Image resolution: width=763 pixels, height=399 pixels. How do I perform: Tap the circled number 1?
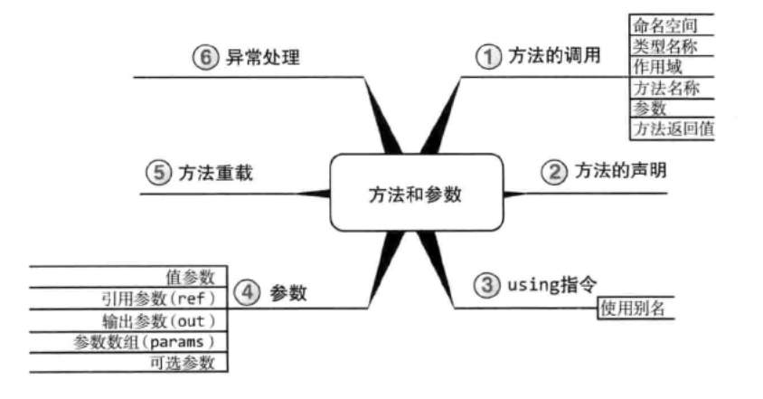tap(488, 56)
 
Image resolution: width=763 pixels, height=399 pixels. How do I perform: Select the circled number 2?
tap(553, 171)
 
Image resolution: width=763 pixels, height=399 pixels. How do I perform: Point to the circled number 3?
tap(488, 285)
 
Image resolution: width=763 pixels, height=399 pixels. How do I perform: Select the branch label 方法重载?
tap(215, 172)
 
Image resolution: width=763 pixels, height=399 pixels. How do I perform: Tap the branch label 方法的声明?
tap(614, 171)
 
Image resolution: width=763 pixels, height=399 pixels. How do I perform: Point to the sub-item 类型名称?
tap(667, 45)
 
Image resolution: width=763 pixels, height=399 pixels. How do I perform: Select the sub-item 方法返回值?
tap(674, 128)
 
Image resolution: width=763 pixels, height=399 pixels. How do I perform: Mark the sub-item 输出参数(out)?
tap(162, 320)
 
